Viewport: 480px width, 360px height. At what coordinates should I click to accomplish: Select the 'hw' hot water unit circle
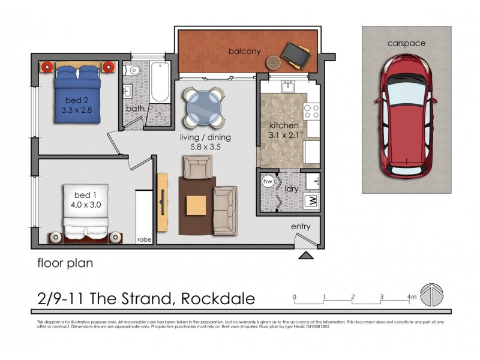coord(268,181)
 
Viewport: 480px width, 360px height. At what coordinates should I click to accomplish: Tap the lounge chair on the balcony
coord(295,54)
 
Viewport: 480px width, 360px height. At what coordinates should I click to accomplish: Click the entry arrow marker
coord(306,256)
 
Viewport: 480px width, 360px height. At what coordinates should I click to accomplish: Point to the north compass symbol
coord(433,296)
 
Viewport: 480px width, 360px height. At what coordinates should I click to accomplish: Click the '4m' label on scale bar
coord(411,297)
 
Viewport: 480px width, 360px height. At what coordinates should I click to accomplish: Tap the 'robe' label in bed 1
coord(145,239)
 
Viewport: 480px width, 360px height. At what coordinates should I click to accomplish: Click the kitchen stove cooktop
coord(311,111)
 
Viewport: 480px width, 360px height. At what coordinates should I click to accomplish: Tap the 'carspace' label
coord(406,43)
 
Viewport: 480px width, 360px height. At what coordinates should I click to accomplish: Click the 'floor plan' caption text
coord(65,263)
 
